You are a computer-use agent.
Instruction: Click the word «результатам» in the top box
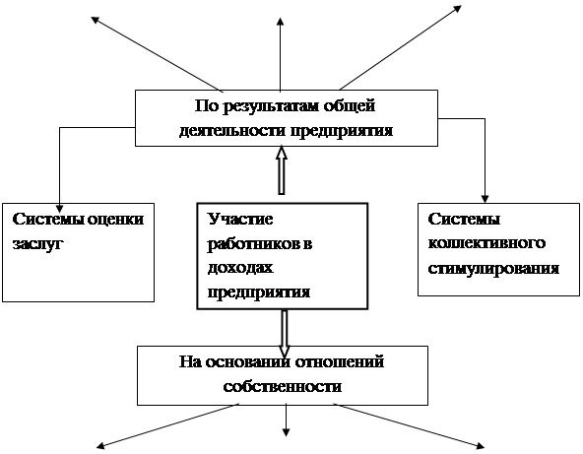(272, 107)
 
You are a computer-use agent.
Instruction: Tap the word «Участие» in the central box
(240, 219)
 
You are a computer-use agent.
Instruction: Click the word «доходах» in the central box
(240, 268)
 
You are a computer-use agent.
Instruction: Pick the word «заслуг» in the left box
(36, 244)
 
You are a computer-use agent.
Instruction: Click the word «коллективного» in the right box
(486, 243)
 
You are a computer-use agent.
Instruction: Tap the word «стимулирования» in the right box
(493, 269)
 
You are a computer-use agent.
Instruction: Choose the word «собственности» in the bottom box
(283, 387)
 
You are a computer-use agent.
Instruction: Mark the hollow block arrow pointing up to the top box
(282, 170)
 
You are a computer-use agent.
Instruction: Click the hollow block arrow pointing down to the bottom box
(285, 333)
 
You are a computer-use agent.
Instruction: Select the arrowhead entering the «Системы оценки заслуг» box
(59, 208)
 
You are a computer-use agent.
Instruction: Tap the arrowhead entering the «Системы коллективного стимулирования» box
(485, 199)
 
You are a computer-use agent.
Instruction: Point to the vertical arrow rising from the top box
(281, 54)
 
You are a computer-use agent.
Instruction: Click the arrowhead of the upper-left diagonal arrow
(96, 20)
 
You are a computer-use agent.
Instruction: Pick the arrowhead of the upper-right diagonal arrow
(458, 8)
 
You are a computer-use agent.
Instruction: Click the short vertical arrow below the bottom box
(286, 421)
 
